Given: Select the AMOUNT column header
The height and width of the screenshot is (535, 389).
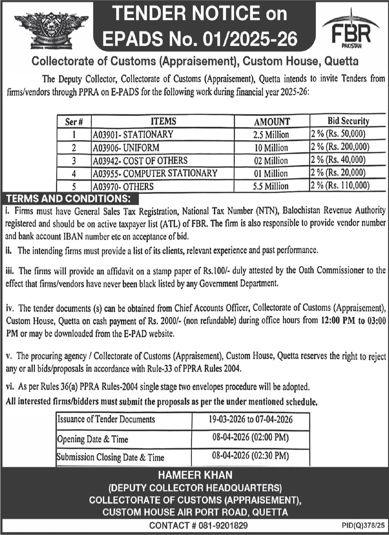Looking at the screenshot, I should [272, 121].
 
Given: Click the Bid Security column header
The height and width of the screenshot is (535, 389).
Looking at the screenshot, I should [348, 121].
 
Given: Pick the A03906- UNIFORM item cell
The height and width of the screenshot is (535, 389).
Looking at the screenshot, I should [126, 148].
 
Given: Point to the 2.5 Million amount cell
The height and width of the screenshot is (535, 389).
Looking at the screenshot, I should [271, 135].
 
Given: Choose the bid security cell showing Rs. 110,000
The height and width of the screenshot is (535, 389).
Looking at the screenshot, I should [340, 186].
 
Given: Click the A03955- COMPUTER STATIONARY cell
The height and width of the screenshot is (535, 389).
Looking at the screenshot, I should [155, 173].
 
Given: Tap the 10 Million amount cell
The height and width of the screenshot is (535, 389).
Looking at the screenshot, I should [271, 148].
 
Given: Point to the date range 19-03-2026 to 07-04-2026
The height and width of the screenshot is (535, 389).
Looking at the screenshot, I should [251, 419].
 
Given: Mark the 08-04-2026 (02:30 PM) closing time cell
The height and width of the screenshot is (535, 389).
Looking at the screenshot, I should [251, 455].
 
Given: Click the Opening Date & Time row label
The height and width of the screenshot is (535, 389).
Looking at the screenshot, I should [93, 439].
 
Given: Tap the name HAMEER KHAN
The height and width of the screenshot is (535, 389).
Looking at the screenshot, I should [195, 475].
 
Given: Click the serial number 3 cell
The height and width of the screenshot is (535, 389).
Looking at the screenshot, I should [74, 160].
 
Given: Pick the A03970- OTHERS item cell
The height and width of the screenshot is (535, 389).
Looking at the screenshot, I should [124, 187].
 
